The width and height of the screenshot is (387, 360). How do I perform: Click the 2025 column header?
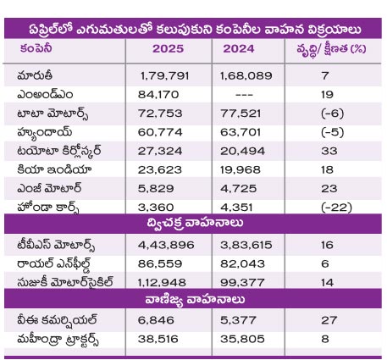pos(168,49)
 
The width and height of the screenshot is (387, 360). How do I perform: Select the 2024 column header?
pos(239,49)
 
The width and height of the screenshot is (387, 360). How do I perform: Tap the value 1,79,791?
pos(164,75)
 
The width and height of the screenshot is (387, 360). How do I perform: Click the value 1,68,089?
pos(246,75)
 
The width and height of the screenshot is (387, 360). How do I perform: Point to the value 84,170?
pos(158,95)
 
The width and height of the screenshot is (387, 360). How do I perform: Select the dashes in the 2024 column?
pos(244,95)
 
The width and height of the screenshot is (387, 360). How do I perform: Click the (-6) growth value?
pos(332,114)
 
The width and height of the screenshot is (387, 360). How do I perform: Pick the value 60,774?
pos(160,132)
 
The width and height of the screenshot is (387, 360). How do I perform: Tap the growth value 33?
pos(329,151)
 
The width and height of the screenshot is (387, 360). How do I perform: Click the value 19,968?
pos(240,170)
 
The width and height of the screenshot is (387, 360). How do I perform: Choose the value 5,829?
pos(156,189)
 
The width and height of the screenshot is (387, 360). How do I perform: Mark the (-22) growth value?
pos(336,208)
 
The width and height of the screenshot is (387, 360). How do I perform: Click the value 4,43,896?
pos(166,245)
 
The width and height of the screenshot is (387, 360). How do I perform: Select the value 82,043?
pos(242,264)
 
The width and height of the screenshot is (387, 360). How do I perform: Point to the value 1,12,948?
pos(162,283)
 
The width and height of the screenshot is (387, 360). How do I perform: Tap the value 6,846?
pos(156,320)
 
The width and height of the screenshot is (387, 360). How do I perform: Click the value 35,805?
pos(242,339)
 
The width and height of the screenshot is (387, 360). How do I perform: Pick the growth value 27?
pos(329,320)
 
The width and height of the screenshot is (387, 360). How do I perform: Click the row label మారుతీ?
pos(35,75)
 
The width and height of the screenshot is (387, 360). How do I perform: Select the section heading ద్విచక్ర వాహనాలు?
pos(195,223)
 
